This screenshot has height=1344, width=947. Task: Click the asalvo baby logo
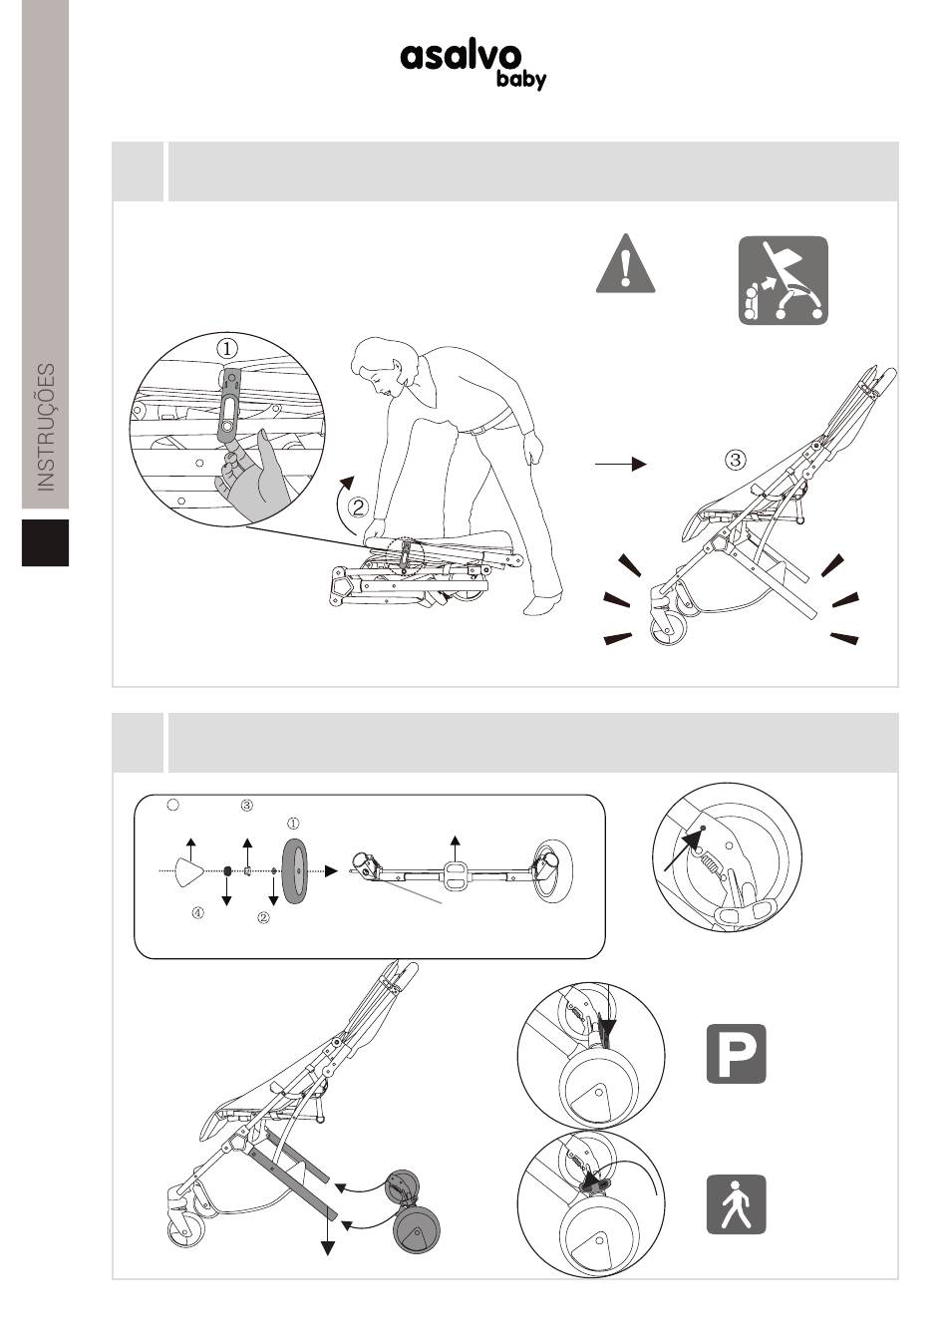point(473,65)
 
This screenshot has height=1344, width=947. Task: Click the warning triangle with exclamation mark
point(625,263)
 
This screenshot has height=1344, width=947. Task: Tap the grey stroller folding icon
point(783,280)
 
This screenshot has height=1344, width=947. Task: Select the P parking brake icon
point(736,1053)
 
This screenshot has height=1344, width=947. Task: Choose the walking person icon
point(736,1203)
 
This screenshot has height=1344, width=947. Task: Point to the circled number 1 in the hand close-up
point(226,348)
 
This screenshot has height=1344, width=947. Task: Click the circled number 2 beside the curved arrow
point(358,507)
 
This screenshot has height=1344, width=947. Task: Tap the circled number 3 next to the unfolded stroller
point(736,460)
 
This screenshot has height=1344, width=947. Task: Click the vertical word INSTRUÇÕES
point(46,427)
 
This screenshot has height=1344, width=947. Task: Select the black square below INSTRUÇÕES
point(46,542)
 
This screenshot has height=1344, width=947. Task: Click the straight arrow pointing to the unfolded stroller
point(621,464)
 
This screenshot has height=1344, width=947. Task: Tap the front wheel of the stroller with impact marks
point(668,629)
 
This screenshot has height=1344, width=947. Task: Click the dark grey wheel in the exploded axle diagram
point(295,870)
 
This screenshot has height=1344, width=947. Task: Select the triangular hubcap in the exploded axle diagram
point(189,870)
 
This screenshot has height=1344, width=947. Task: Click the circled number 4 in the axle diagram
point(197,913)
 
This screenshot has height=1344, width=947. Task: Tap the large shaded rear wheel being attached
point(417,1229)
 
